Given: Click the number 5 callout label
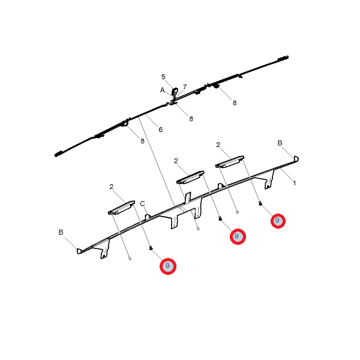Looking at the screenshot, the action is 163,77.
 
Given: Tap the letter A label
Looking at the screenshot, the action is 163,90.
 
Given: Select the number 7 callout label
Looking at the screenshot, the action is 185,87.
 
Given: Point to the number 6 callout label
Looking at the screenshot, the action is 160,130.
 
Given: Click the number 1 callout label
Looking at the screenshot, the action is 295,183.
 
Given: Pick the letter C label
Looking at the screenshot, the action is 143,203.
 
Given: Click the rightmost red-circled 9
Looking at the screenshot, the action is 278,221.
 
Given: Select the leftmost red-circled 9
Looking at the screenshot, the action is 168,266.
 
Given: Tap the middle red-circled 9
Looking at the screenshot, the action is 238,236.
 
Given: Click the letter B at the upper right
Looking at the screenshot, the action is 280,143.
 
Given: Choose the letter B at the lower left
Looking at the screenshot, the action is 61,232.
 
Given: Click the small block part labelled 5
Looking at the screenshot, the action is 175,92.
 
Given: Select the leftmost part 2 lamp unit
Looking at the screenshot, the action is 121,208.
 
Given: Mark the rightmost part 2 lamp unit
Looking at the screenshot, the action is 230,161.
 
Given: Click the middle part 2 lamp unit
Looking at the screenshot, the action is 190,177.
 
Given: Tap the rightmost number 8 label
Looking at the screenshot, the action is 235,103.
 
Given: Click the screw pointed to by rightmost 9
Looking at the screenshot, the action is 260,203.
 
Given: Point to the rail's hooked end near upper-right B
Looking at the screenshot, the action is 296,158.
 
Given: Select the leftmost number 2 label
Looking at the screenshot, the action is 112,187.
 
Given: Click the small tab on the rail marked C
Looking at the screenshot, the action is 148,217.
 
